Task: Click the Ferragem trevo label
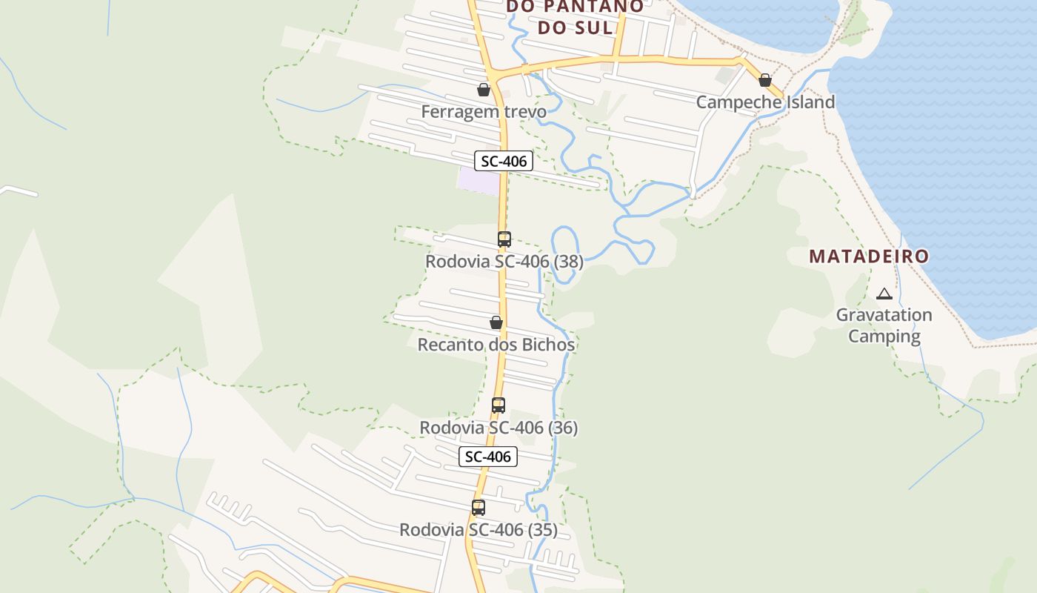coord(484,112)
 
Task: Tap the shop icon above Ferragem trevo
coord(484,90)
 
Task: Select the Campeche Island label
coord(765,102)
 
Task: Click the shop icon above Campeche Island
coord(765,80)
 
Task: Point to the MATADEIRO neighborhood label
coord(869,256)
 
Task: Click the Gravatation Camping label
coord(884,325)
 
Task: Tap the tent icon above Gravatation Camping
coord(884,294)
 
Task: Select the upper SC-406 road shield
coord(504,161)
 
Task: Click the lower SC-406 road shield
coord(487,457)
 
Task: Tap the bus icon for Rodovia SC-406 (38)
coord(504,239)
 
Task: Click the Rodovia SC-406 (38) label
coord(504,262)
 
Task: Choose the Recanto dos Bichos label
coord(496,345)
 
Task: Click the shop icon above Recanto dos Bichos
coord(496,322)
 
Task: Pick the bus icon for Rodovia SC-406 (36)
coord(499,405)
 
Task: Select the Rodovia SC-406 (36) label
coord(499,428)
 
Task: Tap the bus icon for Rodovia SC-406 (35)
coord(479,508)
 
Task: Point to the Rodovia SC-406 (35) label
coord(479,530)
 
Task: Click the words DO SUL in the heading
coord(575,27)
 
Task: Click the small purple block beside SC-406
coord(478,180)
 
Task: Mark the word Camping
coord(884,337)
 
